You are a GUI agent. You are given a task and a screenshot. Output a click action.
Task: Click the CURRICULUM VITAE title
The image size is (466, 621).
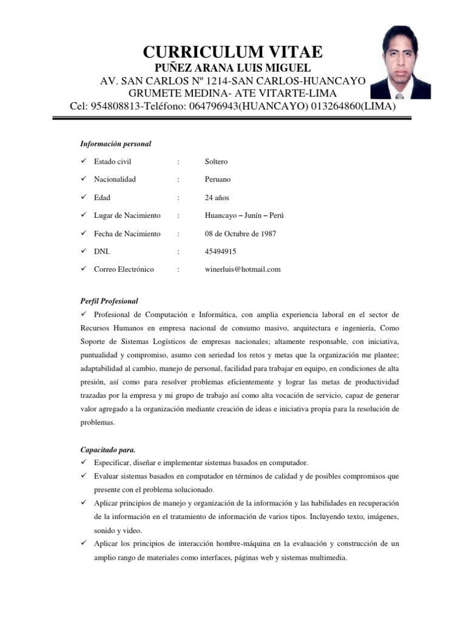[x=233, y=51]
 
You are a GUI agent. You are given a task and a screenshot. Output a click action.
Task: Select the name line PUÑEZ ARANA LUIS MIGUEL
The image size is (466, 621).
[x=233, y=67]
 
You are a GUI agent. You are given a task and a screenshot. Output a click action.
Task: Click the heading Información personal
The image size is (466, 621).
[x=116, y=144]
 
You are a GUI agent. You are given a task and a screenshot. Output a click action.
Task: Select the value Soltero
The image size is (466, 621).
[x=217, y=161]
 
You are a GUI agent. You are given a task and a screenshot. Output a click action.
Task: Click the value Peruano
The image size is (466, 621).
[x=218, y=180]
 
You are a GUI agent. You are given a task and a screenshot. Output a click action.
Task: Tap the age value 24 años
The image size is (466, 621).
[x=217, y=198]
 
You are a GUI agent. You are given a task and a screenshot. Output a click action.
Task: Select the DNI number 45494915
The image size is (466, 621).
[x=221, y=251]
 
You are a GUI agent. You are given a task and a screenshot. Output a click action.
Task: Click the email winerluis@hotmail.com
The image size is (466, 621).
[x=243, y=269]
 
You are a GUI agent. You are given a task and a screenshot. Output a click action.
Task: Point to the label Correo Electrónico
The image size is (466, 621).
[x=124, y=269]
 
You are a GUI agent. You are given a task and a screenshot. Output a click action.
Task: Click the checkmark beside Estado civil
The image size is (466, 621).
[x=84, y=161]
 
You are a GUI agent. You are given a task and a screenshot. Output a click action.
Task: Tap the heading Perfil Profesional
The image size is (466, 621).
[x=109, y=301]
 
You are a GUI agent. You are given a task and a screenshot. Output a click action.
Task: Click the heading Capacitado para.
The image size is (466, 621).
[x=108, y=450]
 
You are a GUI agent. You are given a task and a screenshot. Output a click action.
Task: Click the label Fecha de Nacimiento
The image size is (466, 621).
[x=127, y=233]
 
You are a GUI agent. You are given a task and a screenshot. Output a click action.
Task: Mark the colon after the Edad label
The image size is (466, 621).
[x=178, y=198]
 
